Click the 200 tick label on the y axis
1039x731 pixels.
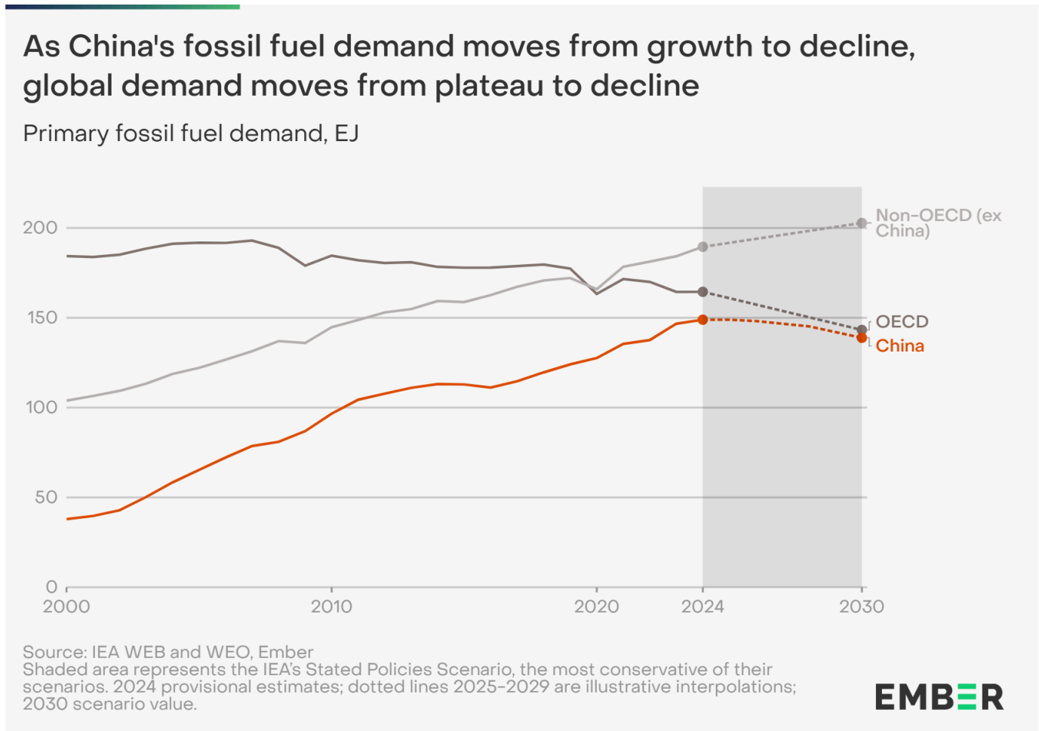point(40,228)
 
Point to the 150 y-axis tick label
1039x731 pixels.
point(42,318)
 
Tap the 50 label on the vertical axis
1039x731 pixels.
point(45,497)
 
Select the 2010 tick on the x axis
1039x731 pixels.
point(331,607)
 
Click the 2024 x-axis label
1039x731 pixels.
point(702,607)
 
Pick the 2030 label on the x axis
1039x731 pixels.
point(862,607)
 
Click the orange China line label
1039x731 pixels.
point(899,346)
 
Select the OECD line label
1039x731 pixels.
point(902,322)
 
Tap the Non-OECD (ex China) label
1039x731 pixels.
point(938,223)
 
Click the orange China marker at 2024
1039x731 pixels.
point(702,320)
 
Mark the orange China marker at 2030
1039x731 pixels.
point(862,338)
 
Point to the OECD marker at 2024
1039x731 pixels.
point(702,292)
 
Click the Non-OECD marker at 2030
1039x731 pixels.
point(862,223)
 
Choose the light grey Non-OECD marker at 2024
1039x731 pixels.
point(702,247)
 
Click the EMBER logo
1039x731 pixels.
point(939,697)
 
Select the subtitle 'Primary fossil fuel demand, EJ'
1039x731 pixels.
point(191,134)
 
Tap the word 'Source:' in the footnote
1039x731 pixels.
point(55,652)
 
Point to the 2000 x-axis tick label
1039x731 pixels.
point(66,607)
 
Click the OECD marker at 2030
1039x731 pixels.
point(862,330)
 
